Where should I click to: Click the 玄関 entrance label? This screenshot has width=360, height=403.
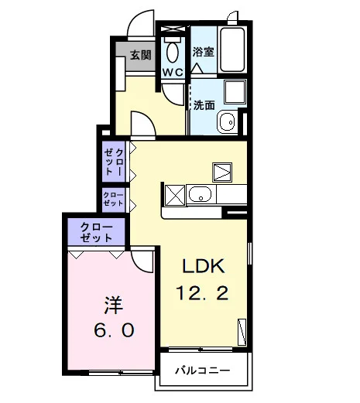coord(140,55)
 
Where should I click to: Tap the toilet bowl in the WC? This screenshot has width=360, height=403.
coord(173,53)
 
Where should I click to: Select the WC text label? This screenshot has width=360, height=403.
coord(173,73)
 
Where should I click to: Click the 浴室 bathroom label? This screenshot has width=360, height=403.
coord(204,52)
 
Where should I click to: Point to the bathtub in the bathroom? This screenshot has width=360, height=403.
coord(232,50)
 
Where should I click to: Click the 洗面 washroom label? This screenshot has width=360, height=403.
coord(204,105)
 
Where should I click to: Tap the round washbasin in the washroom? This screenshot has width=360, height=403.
coord(228,121)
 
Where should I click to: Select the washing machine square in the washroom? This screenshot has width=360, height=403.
coord(235,92)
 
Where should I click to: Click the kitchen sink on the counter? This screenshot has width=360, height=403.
coord(201,195)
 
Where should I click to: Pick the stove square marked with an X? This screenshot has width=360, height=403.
coord(175,195)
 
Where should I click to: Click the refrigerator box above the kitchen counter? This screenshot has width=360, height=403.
coord(222,172)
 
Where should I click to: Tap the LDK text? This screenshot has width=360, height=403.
coord(204,266)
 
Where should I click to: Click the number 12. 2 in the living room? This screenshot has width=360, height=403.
coord(202,293)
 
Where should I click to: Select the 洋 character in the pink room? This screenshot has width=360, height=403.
coord(114,305)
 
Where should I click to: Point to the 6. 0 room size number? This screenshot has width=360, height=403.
coord(114,330)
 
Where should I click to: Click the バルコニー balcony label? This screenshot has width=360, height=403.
coord(202,371)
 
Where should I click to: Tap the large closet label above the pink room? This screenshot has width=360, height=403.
coord(96,232)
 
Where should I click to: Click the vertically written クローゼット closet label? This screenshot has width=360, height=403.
coord(114,162)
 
